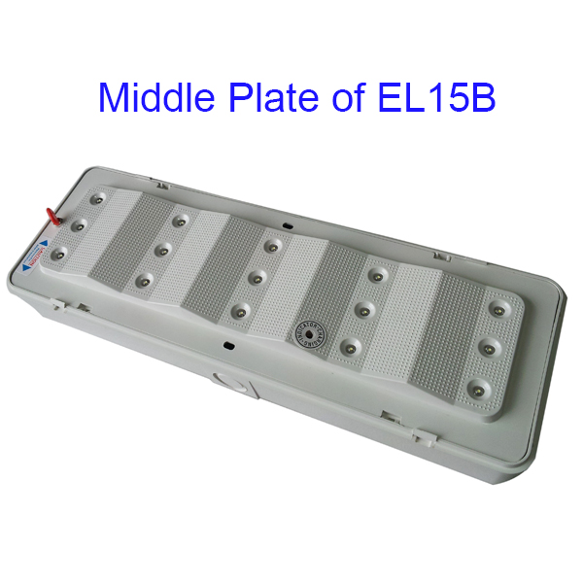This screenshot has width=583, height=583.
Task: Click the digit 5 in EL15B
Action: (460, 97)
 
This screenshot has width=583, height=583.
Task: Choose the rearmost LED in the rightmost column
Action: (498, 310)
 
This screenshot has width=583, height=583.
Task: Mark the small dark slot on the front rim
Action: (227, 343)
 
